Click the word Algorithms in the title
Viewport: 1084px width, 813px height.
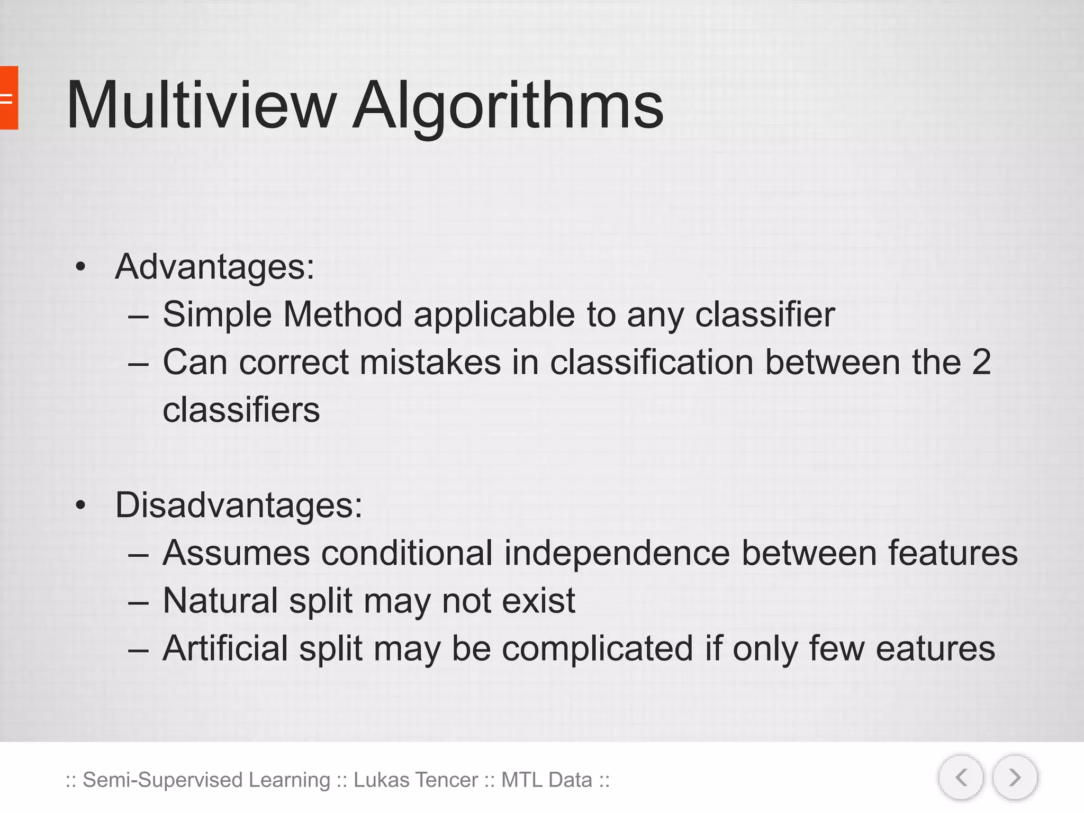508,106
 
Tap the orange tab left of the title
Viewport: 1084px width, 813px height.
8,98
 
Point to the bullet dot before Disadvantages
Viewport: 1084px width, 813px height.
80,505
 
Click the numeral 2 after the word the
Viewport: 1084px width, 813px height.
981,362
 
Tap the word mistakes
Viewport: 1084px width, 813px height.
430,362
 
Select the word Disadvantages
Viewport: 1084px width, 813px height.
238,505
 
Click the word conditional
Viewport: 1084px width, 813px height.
406,553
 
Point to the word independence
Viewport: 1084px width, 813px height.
617,553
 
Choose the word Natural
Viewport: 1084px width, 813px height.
220,600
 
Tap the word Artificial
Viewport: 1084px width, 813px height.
225,648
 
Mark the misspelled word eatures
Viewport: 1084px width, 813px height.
935,648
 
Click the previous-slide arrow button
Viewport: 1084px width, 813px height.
961,778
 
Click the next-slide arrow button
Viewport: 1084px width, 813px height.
1015,778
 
